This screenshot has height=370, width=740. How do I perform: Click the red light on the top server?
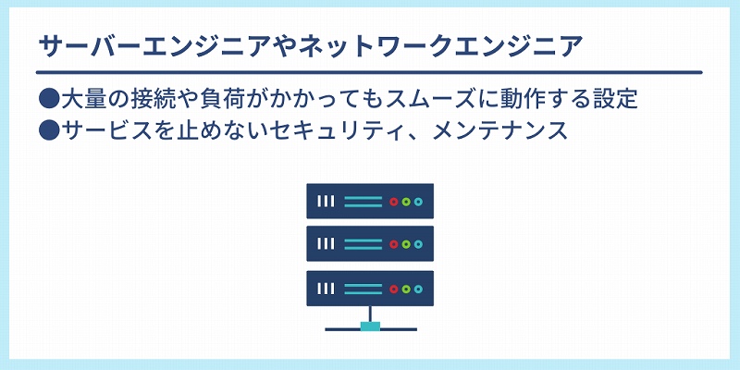[x=393, y=202]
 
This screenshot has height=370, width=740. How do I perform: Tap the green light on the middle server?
[x=405, y=244]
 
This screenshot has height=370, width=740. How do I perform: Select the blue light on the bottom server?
[x=418, y=289]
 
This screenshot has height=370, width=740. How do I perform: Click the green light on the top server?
[x=405, y=202]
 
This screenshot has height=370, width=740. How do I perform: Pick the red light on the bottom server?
[x=393, y=289]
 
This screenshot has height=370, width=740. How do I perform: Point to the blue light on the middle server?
[x=418, y=244]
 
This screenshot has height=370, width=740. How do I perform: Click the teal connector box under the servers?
[x=370, y=327]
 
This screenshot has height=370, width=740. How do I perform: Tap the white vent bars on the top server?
[x=326, y=202]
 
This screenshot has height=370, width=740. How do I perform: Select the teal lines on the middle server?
[x=363, y=244]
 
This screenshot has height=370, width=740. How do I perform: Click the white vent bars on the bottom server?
[x=326, y=289]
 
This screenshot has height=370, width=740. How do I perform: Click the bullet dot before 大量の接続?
[x=48, y=99]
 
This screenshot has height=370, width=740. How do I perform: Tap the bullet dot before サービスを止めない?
[x=48, y=130]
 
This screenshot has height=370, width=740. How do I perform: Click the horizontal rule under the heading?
[x=369, y=72]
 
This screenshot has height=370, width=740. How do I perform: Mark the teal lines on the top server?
[x=363, y=202]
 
